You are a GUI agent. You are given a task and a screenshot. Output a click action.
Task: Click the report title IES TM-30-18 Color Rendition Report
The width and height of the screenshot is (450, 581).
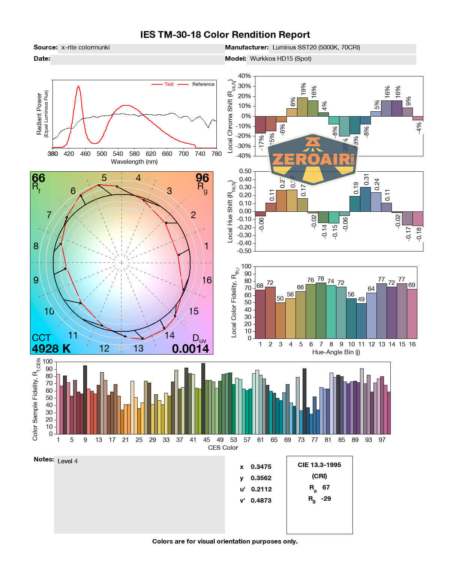pos(225,35)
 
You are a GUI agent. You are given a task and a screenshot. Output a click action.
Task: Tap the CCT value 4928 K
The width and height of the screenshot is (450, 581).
pos(51,349)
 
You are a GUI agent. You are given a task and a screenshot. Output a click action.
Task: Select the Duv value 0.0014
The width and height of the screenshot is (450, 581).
pos(190,349)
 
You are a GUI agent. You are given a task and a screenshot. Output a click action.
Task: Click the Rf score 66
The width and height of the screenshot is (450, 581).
pos(38,178)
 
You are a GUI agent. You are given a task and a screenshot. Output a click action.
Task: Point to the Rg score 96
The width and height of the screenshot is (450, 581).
pos(202,178)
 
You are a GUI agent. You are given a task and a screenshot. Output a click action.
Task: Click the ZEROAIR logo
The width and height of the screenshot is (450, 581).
pos(313,160)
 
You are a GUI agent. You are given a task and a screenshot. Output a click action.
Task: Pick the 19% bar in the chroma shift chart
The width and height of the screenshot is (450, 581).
pos(302,107)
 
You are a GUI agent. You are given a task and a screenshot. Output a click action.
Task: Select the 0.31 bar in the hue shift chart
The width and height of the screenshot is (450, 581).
pos(365,199)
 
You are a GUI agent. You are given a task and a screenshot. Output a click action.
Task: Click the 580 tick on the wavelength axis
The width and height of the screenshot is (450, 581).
pos(134,154)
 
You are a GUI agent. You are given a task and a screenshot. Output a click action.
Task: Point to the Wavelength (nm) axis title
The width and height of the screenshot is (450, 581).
pos(134,162)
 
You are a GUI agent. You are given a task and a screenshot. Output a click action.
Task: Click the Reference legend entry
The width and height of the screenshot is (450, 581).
pos(203,84)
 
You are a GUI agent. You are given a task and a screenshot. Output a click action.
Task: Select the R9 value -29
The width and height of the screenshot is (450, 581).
pos(326,499)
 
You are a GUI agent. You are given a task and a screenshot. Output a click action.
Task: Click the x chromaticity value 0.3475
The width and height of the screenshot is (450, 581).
pos(261,467)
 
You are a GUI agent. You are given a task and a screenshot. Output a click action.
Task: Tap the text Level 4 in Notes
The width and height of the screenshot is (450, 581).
pos(67,461)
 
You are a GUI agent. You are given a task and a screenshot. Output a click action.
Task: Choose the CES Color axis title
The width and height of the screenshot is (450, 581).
pos(223,448)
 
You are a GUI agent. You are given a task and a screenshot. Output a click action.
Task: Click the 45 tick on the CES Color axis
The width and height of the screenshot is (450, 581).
pos(207,440)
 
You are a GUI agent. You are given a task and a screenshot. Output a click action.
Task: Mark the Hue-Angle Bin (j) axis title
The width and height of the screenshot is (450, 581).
pos(336,352)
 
